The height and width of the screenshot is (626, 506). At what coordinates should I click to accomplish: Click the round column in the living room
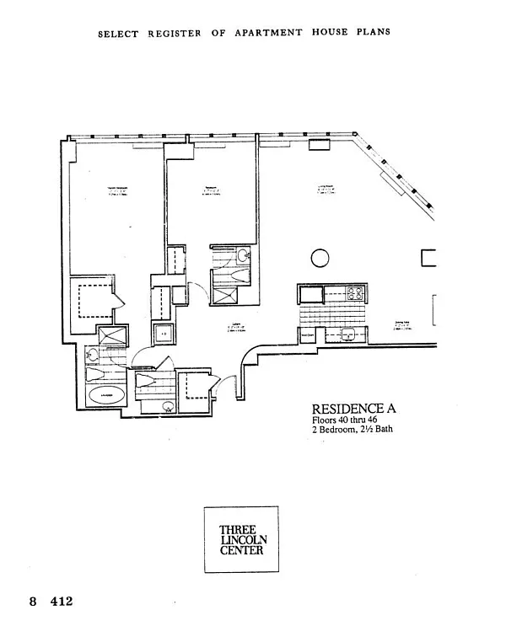point(320,257)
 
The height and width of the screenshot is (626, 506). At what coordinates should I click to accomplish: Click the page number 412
point(62,602)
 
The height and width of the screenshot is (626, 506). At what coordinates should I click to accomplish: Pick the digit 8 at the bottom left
point(34,602)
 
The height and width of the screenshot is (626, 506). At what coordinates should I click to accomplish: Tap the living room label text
point(323,191)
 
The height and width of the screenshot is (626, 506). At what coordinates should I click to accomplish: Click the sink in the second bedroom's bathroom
point(243,255)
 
